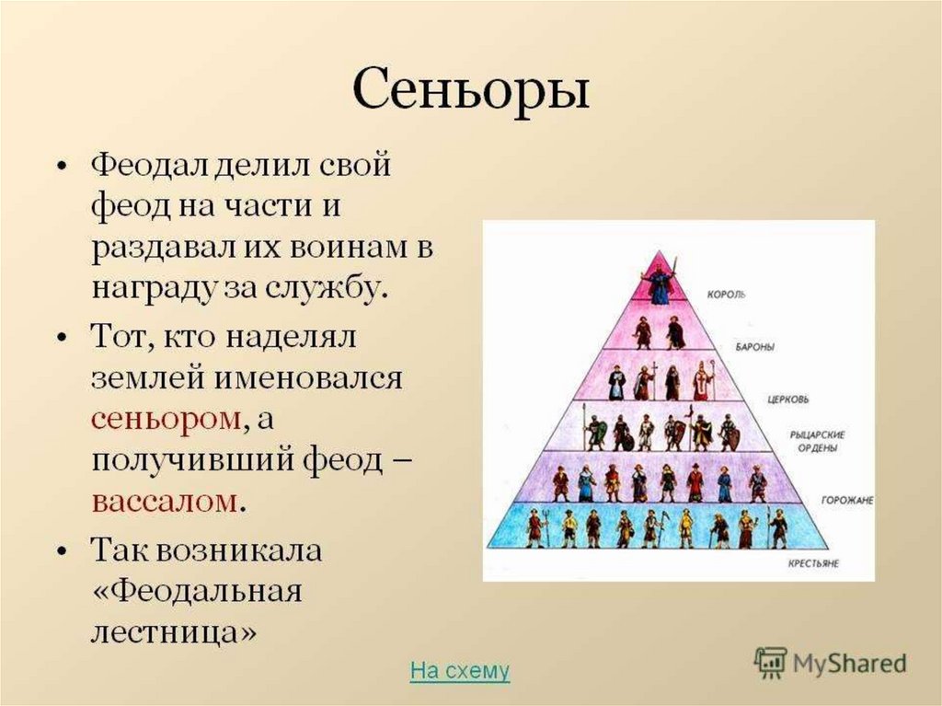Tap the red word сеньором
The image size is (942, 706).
click(x=167, y=418)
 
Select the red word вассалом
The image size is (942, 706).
click(x=165, y=501)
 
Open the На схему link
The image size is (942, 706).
click(x=460, y=670)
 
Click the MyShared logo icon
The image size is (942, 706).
click(x=770, y=663)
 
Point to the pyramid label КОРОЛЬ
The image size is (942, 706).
click(x=727, y=295)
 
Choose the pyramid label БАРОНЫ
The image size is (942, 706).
click(x=754, y=348)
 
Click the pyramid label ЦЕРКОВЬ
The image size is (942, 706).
click(x=788, y=399)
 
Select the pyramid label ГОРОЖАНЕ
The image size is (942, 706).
click(x=847, y=501)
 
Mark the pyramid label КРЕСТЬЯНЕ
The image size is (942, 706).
click(x=813, y=563)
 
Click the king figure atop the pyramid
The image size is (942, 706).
click(x=659, y=280)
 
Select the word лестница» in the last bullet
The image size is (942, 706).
click(x=174, y=631)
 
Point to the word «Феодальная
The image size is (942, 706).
click(x=197, y=591)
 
